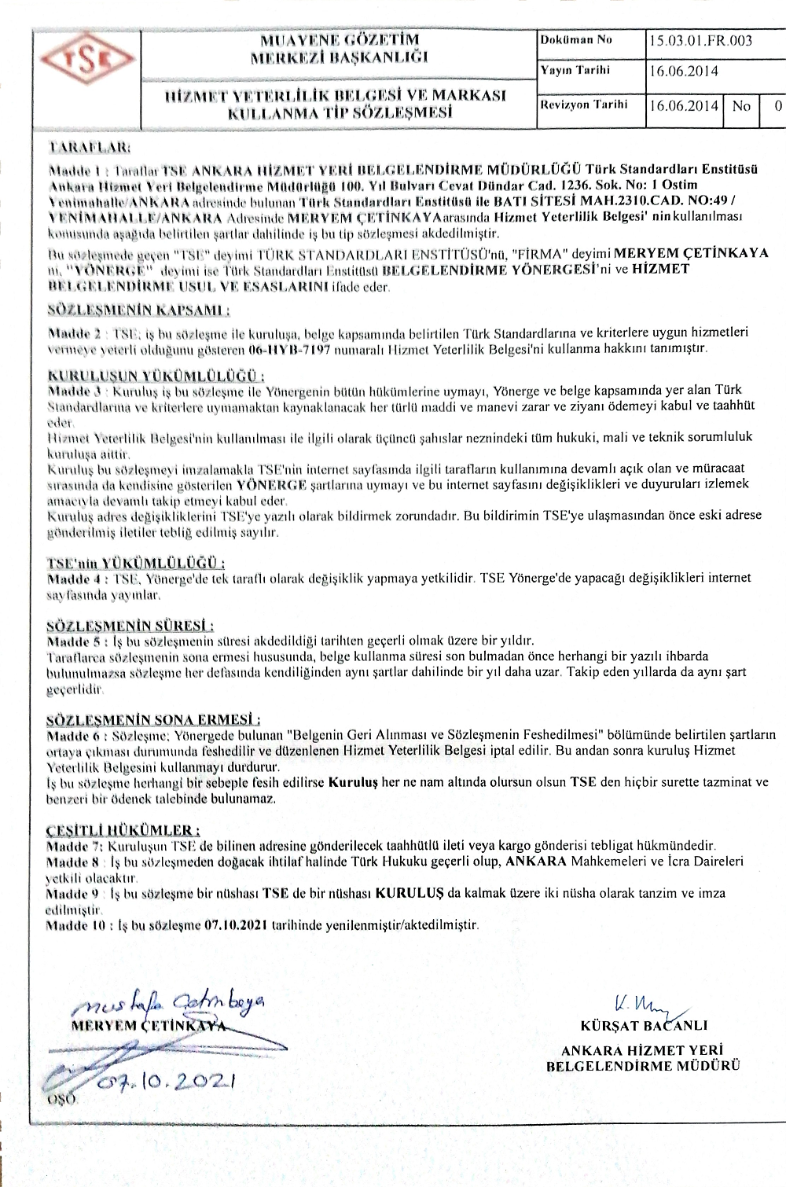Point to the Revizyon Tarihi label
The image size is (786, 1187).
tap(582, 105)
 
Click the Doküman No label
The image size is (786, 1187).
tap(576, 40)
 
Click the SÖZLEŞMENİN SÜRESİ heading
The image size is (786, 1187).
tap(130, 626)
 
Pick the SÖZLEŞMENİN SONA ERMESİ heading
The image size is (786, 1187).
tap(154, 719)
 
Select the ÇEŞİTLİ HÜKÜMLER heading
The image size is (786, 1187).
tap(123, 830)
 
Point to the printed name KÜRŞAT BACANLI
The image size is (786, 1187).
tap(644, 1025)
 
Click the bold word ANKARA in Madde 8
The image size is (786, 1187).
tap(537, 862)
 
